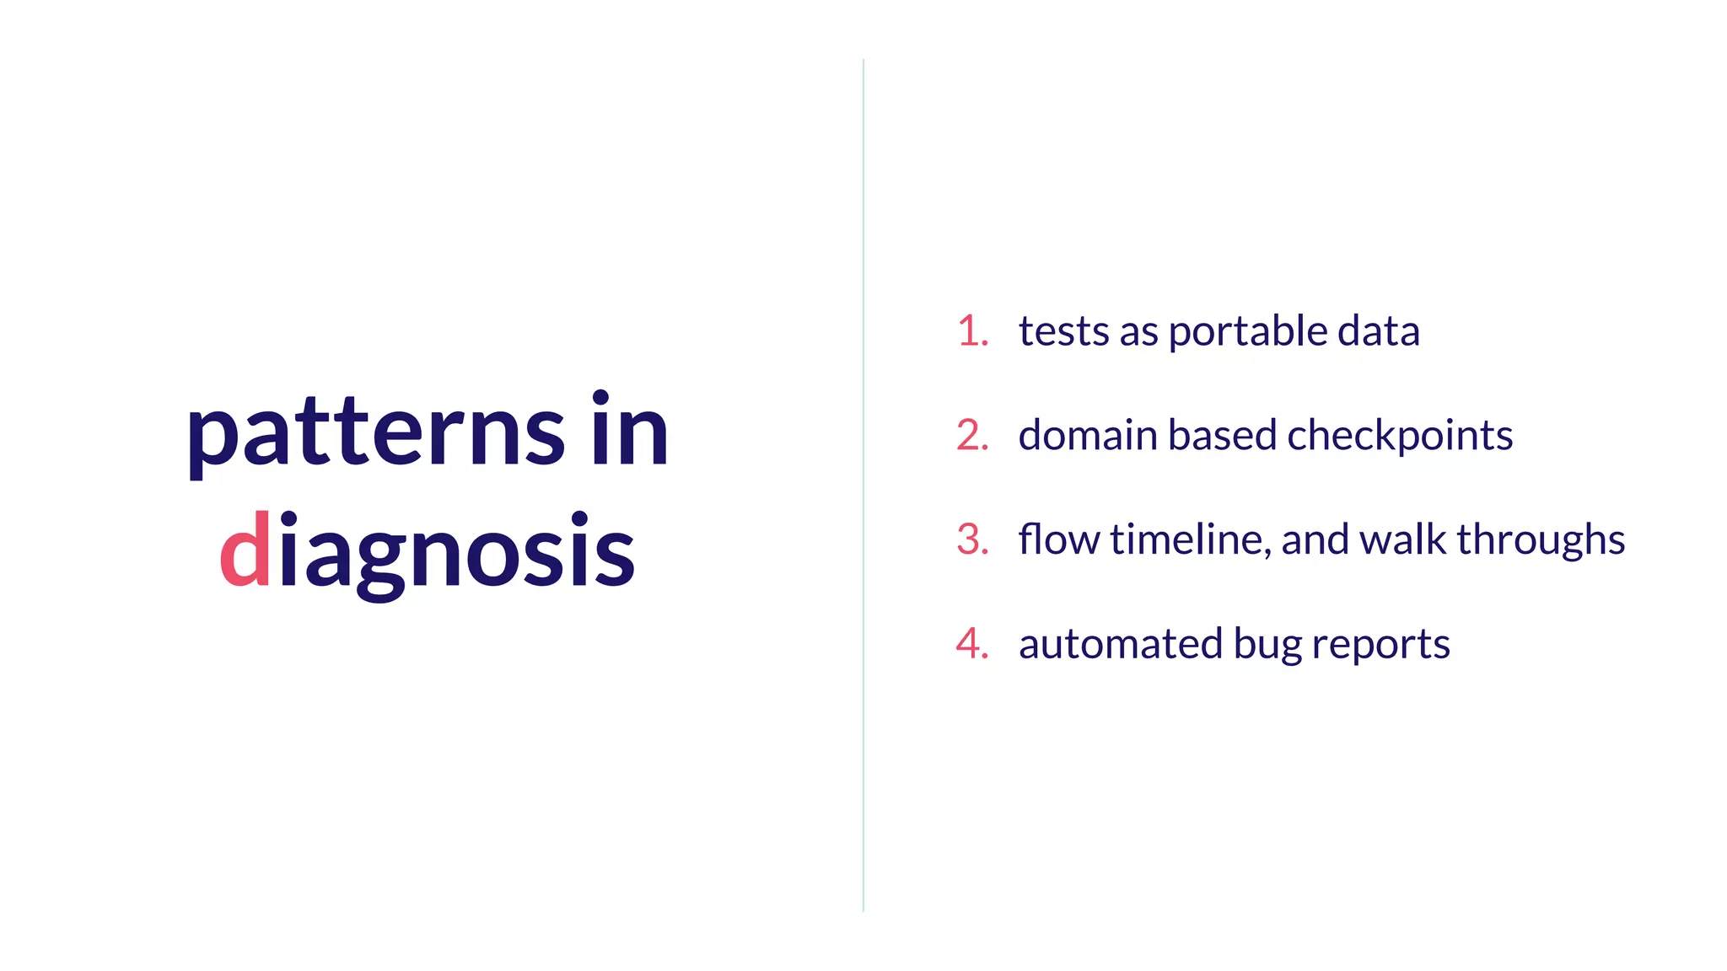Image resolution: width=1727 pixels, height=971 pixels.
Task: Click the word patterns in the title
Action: [x=375, y=434]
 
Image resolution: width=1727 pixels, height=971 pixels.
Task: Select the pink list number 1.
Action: [x=972, y=330]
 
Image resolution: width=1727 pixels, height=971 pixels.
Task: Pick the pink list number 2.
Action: [x=972, y=435]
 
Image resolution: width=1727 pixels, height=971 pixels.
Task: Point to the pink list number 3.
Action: [x=972, y=539]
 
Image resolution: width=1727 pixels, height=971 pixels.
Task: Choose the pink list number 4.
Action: [x=972, y=644]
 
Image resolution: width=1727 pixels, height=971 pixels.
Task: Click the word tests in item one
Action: [x=1063, y=331]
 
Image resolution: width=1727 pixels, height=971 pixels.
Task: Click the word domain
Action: [x=1088, y=436]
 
